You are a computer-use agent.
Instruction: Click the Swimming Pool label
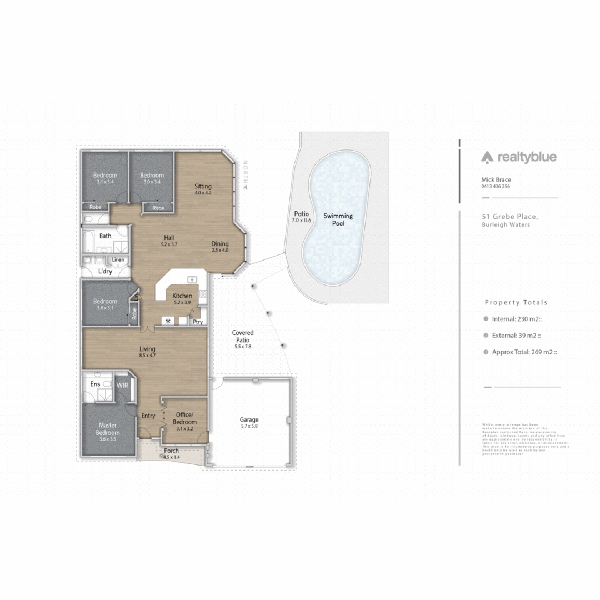338,219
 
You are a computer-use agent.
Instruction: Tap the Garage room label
249,420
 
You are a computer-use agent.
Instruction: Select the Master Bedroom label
108,429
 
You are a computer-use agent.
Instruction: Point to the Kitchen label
182,296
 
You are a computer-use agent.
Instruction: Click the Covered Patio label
242,336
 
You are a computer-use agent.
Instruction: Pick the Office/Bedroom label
186,418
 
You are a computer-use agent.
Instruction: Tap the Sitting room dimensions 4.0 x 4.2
203,193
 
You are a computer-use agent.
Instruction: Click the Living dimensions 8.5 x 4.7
147,356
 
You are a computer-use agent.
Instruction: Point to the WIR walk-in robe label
122,384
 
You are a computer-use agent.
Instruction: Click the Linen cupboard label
118,259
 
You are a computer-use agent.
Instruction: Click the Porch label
171,451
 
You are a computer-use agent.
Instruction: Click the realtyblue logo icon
487,157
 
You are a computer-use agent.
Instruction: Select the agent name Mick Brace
496,180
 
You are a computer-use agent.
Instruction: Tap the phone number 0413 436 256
495,187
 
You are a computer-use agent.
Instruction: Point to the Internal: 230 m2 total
516,319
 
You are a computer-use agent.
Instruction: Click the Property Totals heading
516,303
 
